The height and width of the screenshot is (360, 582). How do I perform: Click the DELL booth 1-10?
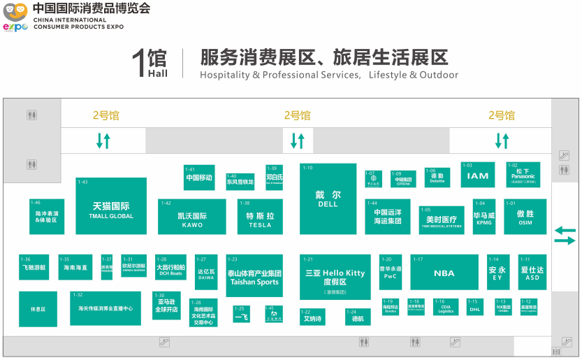(x=328, y=199)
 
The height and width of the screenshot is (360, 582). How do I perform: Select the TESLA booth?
(x=260, y=217)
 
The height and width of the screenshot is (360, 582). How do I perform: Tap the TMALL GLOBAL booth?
(x=111, y=206)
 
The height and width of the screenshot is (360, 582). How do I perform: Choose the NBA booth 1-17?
(x=444, y=273)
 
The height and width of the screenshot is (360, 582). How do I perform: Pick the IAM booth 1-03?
(x=478, y=175)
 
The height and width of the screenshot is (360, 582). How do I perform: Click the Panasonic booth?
(x=523, y=175)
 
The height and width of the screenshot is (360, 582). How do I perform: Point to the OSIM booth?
(x=525, y=217)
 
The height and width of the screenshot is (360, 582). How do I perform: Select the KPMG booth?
(x=483, y=217)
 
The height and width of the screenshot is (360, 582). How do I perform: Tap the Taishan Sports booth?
(x=254, y=276)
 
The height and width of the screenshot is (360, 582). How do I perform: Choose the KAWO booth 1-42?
(x=192, y=217)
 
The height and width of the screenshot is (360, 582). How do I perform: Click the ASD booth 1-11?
(x=532, y=273)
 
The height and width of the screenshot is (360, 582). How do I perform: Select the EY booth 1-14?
(x=497, y=273)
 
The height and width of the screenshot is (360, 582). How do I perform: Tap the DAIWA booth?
(x=205, y=273)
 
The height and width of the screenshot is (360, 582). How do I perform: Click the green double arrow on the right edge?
(x=565, y=236)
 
